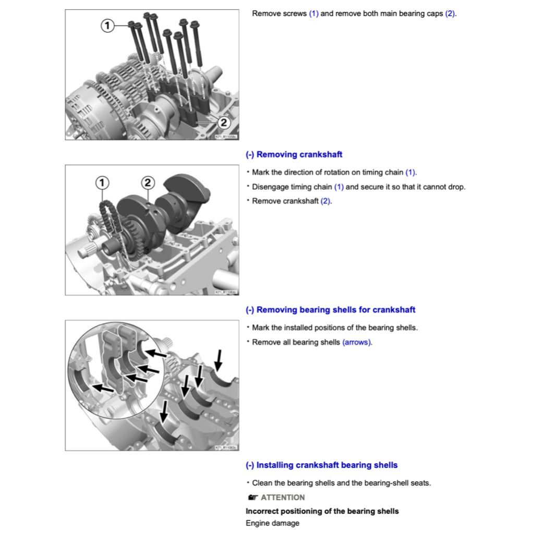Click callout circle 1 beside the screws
[x=107, y=25]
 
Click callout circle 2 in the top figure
[x=223, y=123]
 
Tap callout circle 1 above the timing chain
[x=102, y=182]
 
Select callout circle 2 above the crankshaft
[x=148, y=182]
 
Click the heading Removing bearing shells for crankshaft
[x=331, y=310]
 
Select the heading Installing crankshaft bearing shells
[x=322, y=465]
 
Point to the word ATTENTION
[x=283, y=497]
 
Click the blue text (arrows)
[x=357, y=342]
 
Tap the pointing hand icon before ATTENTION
[x=253, y=497]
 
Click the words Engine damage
[x=272, y=523]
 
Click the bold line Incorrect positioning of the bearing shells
[x=322, y=511]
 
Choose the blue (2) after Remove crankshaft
[x=326, y=201]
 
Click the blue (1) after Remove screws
[x=313, y=14]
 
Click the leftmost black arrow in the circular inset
[x=103, y=388]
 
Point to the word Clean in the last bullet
[x=262, y=483]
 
